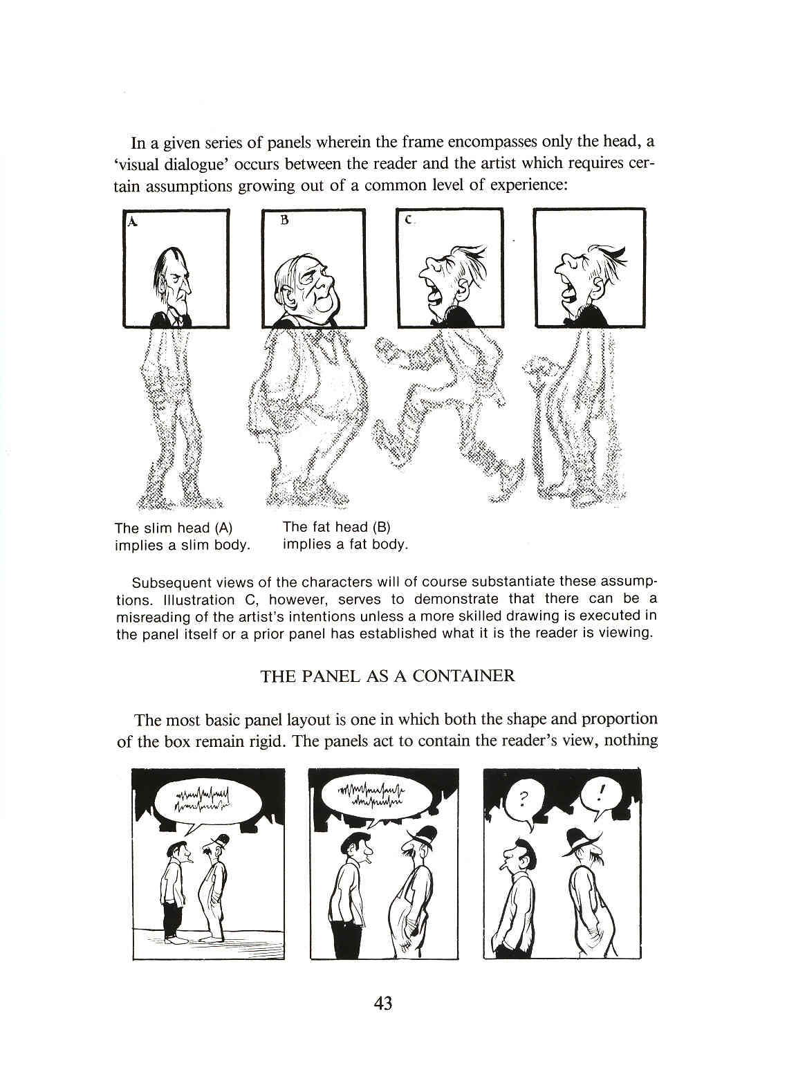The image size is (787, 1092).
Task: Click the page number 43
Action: coord(382,1002)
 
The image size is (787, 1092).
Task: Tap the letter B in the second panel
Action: coord(284,221)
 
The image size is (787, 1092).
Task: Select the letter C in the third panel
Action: coord(409,221)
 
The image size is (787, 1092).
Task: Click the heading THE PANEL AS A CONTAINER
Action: coord(387,676)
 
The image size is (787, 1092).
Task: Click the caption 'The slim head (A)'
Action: coord(173,528)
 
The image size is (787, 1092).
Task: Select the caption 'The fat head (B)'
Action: coord(337,527)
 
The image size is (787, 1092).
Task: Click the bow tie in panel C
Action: coord(437,322)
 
